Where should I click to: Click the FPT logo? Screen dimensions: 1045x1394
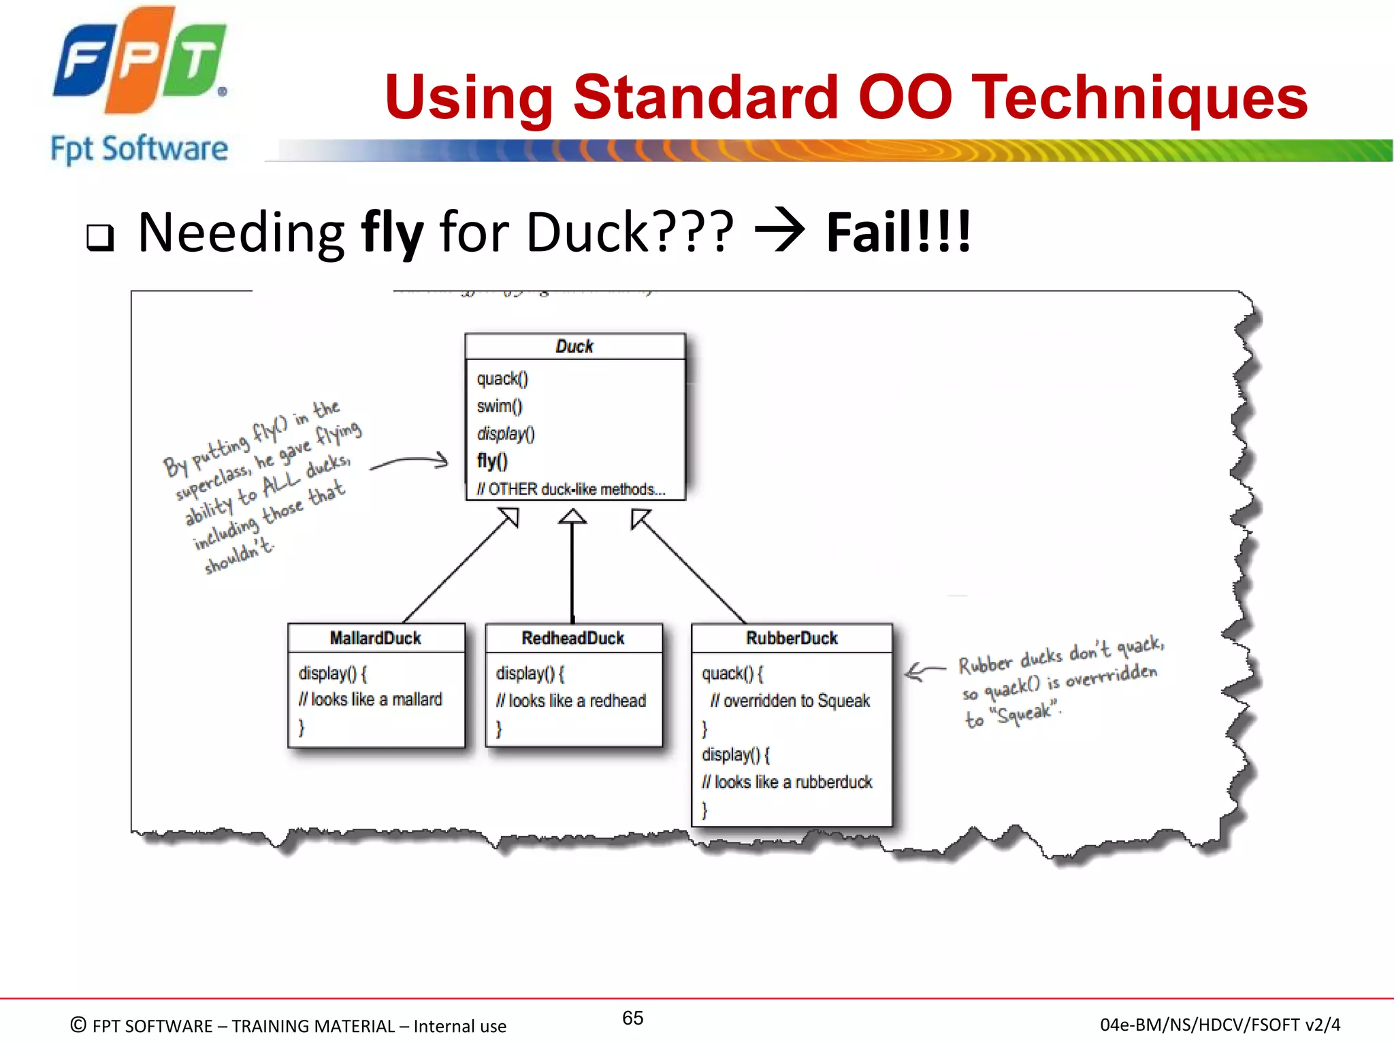[x=140, y=61]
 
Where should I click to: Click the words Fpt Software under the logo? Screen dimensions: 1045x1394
[x=140, y=149]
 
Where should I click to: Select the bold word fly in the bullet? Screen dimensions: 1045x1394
[x=392, y=233]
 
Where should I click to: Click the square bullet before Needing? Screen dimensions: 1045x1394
[x=100, y=237]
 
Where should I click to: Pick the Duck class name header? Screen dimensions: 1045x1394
[x=574, y=346]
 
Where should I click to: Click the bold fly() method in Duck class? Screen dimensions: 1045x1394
[x=492, y=461]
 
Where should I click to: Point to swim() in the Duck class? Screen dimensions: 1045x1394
[x=500, y=406]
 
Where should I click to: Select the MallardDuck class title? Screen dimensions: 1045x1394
[x=375, y=638]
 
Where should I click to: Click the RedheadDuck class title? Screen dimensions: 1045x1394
[x=573, y=638]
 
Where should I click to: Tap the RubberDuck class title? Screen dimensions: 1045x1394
[x=792, y=638]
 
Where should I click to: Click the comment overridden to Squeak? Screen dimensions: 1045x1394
[x=790, y=701]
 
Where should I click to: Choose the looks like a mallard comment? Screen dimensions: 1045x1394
[x=370, y=699]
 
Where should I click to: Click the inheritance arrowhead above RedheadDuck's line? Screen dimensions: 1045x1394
[x=572, y=517]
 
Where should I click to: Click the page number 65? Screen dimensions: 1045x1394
[x=632, y=1018]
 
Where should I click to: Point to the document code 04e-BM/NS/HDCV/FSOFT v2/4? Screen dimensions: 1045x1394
[x=1220, y=1025]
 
